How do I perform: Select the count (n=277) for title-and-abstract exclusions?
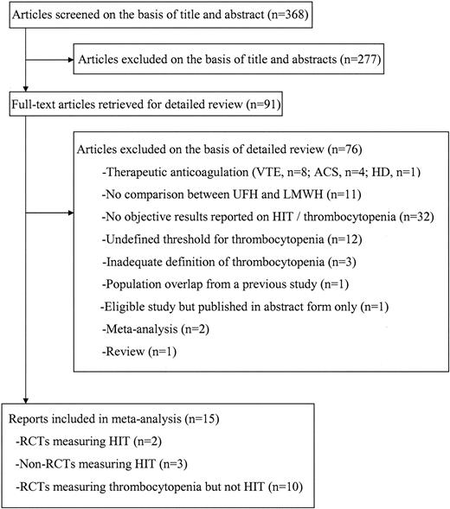coord(350,60)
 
